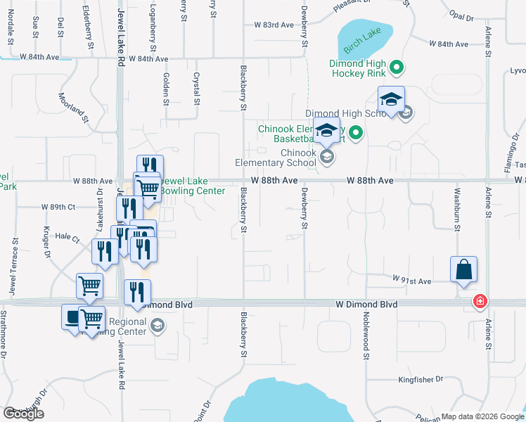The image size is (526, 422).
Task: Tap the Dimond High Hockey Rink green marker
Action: click(396, 68)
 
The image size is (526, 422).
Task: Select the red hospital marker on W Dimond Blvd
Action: click(480, 302)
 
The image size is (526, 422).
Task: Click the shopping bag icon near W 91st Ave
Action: click(464, 269)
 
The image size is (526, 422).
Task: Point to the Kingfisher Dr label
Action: click(420, 379)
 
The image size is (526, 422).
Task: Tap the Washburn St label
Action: click(456, 209)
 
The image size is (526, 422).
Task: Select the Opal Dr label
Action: click(462, 15)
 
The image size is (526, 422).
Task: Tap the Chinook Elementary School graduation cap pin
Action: click(326, 131)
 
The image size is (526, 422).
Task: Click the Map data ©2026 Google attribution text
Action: click(482, 416)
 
